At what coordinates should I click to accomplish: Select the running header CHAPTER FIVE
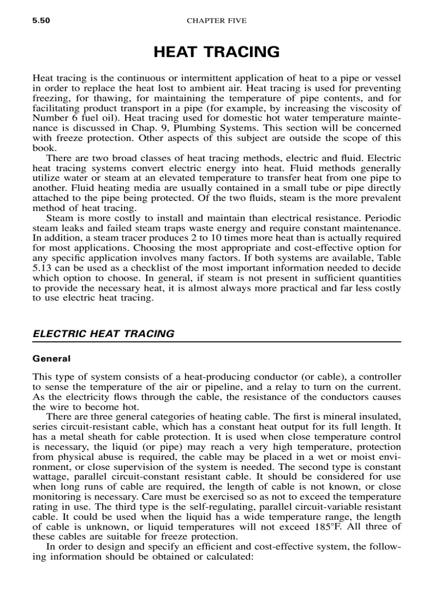click(x=216, y=21)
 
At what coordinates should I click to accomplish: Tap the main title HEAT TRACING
click(x=216, y=52)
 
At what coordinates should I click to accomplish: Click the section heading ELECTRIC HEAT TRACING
click(x=103, y=334)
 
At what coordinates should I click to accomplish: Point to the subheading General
click(x=51, y=359)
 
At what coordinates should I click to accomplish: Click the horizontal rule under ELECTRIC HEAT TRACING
click(x=216, y=342)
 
